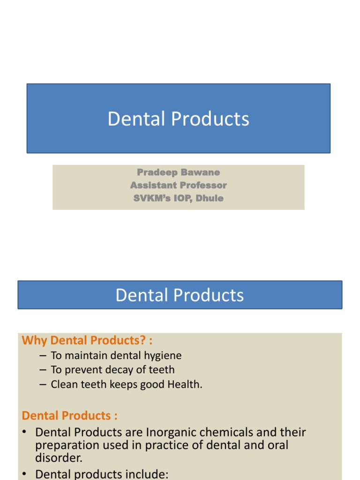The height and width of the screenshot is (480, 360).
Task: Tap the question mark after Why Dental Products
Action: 142,340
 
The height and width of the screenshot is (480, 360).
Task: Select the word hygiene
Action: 158,356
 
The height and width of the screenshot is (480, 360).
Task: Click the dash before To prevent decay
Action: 43,370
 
